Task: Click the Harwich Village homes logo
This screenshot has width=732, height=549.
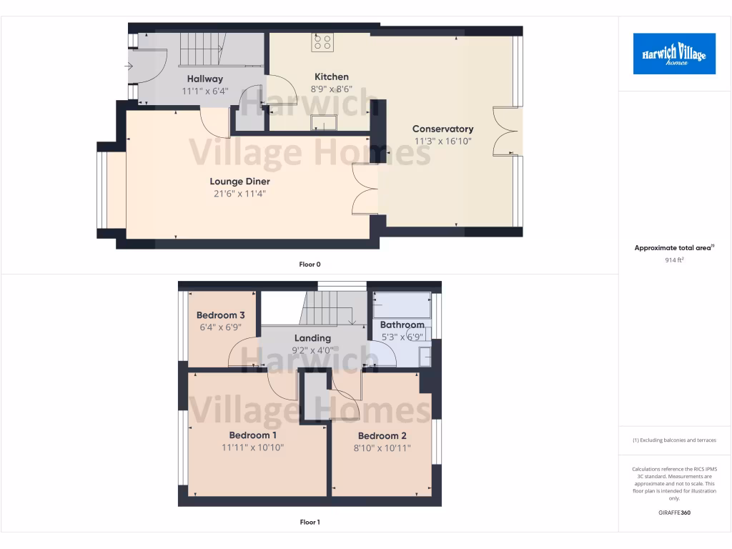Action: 674,54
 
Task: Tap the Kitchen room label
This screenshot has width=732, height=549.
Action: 332,76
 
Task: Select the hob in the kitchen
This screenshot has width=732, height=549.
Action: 322,42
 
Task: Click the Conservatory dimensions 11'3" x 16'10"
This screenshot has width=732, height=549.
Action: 443,141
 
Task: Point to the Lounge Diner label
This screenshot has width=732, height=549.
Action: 239,182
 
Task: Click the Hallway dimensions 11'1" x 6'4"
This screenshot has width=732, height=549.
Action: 205,91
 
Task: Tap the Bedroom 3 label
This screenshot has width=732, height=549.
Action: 221,315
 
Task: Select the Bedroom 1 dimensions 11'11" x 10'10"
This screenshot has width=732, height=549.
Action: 253,447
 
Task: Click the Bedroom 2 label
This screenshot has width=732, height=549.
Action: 382,436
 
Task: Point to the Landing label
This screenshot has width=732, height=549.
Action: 312,338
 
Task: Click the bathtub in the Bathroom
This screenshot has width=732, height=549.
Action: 402,305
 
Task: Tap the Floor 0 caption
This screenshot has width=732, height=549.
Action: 310,264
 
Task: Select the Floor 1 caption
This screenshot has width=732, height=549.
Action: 310,522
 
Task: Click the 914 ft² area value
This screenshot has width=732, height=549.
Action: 674,260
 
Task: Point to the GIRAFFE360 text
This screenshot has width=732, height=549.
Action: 674,513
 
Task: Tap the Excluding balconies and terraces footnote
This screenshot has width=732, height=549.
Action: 674,440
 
